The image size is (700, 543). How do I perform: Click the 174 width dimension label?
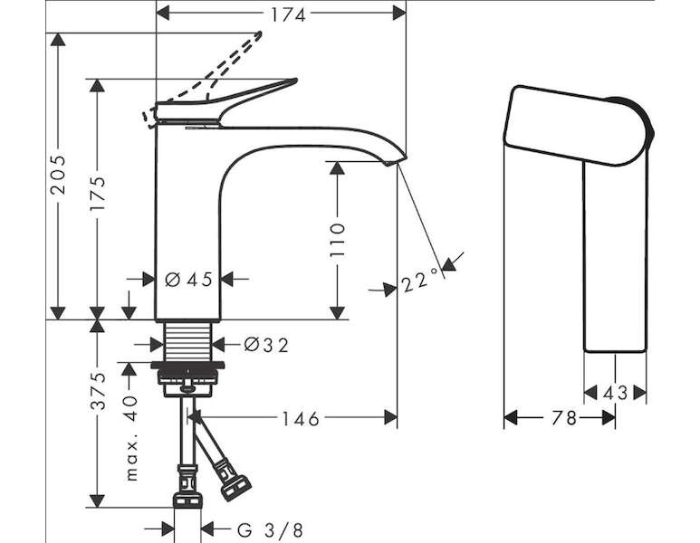[x=288, y=15]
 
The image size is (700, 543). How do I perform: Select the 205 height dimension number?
[x=58, y=175]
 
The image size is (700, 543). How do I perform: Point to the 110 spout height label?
[x=338, y=240]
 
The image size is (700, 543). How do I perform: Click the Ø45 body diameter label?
[x=188, y=280]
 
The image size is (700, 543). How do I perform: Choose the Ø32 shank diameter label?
[x=266, y=345]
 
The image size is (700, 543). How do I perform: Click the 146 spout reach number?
[x=301, y=418]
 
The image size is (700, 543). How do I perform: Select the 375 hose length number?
[x=98, y=390]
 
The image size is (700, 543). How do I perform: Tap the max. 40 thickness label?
[x=131, y=438]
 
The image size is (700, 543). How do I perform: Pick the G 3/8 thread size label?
[x=270, y=530]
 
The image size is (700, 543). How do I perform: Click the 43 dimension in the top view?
[x=615, y=393]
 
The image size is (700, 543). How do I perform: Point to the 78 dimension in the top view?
[x=564, y=418]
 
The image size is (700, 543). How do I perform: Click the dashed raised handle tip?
[x=258, y=34]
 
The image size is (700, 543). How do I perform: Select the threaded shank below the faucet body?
[x=187, y=341]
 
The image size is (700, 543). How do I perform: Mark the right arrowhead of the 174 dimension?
[x=399, y=14]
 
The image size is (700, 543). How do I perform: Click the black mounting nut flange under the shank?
[x=187, y=365]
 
